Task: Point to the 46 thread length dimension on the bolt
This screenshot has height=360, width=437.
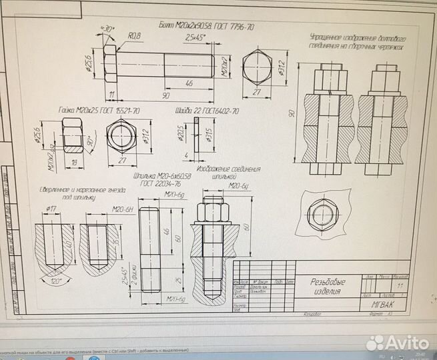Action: point(189,83)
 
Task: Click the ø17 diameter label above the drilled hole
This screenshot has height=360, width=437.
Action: point(51,209)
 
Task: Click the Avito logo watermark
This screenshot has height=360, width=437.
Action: point(398,341)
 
